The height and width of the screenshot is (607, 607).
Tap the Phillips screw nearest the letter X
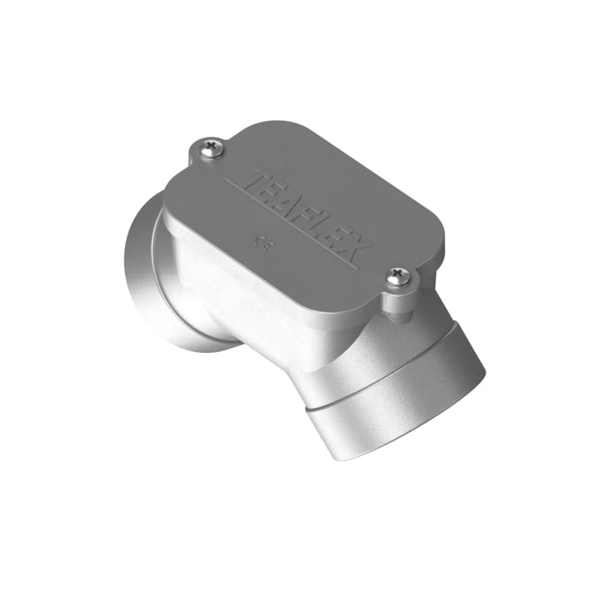point(397,278)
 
